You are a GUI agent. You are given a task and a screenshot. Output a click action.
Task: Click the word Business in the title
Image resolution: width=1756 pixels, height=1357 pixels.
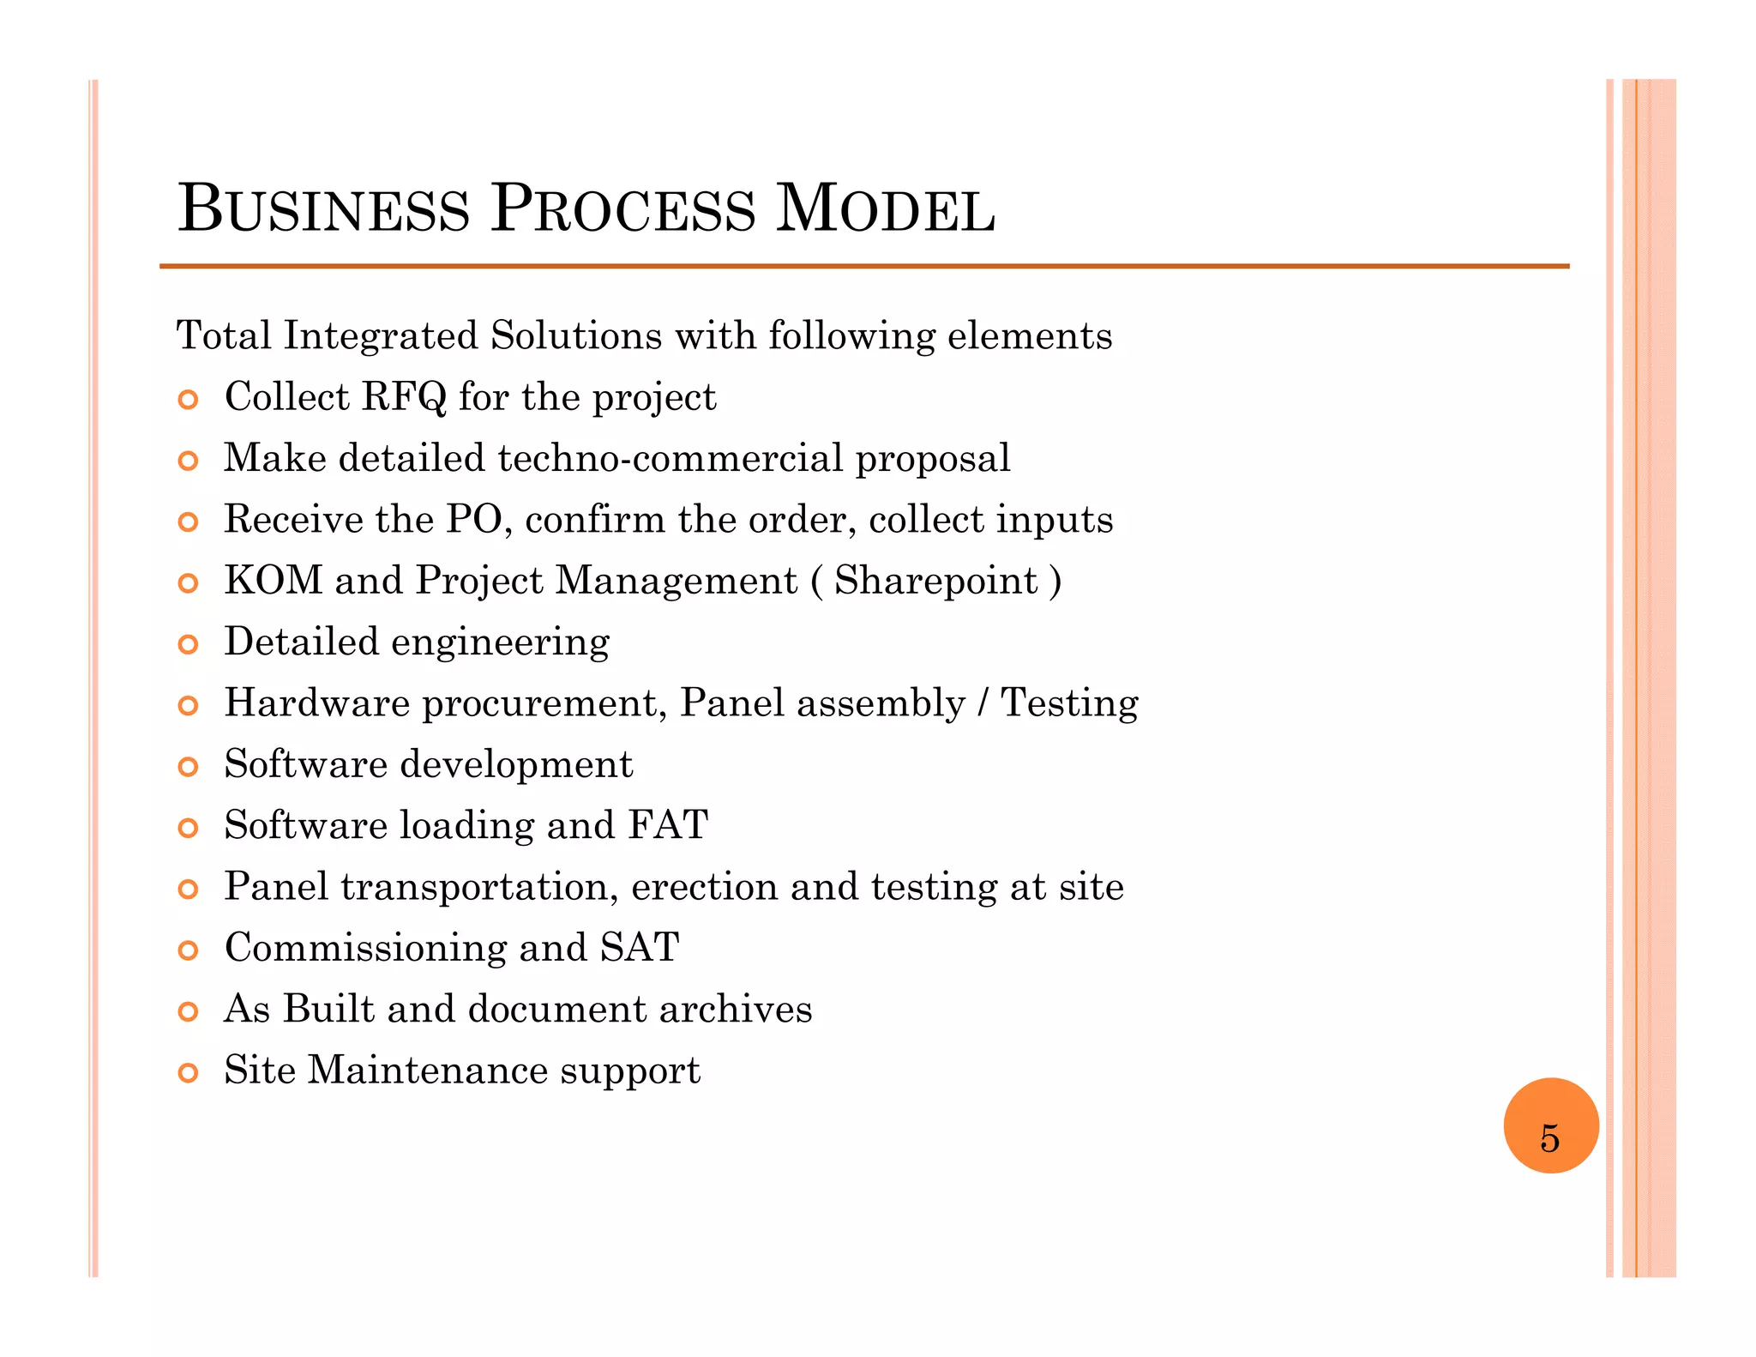323,209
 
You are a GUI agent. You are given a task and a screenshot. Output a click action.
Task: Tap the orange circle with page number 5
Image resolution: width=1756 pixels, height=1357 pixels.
1550,1125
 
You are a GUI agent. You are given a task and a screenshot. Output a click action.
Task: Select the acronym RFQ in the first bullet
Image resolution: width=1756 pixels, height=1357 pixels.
404,397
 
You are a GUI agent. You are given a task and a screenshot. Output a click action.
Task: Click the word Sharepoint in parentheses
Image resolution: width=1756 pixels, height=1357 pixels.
935,581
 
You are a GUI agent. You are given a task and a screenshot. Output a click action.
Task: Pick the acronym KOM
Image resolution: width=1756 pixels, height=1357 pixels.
273,581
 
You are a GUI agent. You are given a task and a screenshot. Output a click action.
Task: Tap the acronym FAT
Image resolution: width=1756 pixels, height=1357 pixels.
668,825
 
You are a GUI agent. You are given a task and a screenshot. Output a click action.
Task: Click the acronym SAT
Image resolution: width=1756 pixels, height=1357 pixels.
640,948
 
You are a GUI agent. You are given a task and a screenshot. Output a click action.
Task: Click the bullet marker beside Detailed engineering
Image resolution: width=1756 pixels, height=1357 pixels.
188,644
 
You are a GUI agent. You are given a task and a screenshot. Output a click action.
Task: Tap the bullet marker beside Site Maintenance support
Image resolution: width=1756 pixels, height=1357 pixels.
188,1072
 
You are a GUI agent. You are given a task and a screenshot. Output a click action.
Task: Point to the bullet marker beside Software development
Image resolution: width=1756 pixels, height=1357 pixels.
188,767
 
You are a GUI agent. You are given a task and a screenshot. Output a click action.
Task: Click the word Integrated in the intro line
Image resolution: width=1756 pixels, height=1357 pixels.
380,335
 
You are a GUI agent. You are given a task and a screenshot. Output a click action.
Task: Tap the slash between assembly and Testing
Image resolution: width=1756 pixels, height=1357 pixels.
983,703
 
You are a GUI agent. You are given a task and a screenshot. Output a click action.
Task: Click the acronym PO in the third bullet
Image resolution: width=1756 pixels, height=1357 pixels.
473,520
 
